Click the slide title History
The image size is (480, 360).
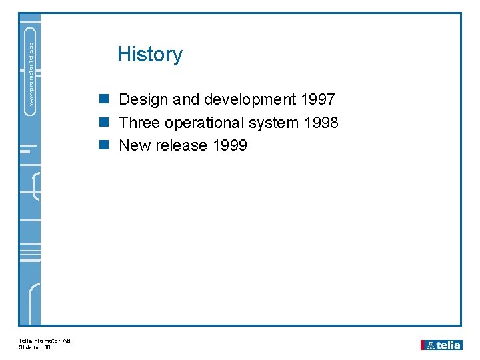[x=149, y=54]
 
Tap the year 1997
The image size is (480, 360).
[x=318, y=100]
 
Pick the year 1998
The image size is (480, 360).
[x=321, y=123]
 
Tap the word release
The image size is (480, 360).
[x=181, y=146]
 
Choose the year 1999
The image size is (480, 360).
[x=229, y=146]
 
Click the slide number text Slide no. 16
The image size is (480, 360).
[x=35, y=347]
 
